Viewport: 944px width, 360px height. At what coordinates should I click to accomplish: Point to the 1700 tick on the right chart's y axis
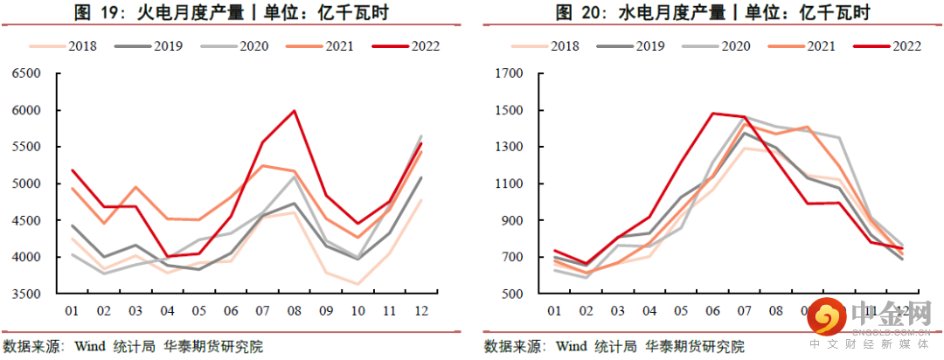click(x=509, y=74)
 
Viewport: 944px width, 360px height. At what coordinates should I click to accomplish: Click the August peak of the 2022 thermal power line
click(x=295, y=111)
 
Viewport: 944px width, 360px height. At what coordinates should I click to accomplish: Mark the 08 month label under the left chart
click(x=295, y=311)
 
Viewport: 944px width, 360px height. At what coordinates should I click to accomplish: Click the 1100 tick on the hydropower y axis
click(x=509, y=184)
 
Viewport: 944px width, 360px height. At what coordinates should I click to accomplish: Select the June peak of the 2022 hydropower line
click(x=713, y=114)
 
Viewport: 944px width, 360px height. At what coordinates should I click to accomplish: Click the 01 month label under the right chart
click(x=553, y=311)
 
